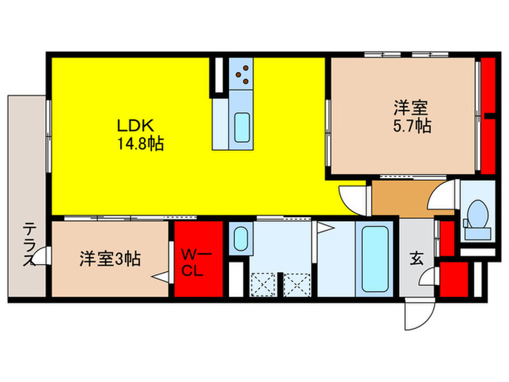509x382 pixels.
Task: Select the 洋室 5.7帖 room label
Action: pos(412,116)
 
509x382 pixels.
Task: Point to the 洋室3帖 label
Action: pos(110,258)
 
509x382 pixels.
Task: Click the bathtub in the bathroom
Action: pos(374,258)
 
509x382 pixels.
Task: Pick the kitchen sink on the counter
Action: pos(241,128)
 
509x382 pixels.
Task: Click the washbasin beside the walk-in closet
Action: pos(240,237)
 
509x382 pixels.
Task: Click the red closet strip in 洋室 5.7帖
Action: pos(489,116)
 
